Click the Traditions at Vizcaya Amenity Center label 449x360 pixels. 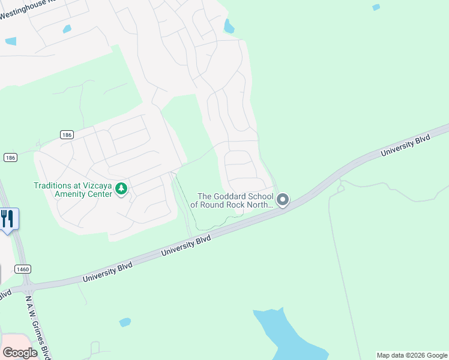(x=73, y=190)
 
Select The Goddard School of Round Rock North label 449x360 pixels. (x=232, y=200)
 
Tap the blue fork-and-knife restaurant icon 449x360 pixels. (x=8, y=218)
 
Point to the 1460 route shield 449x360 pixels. (x=23, y=269)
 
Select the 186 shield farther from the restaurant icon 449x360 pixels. (x=66, y=135)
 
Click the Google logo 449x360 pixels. (x=20, y=353)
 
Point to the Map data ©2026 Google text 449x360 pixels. (x=412, y=355)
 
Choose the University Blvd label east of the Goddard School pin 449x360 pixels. (x=406, y=147)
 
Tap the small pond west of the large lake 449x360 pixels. (x=125, y=322)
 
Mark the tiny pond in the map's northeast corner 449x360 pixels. (x=376, y=7)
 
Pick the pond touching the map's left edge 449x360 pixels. (x=10, y=41)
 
